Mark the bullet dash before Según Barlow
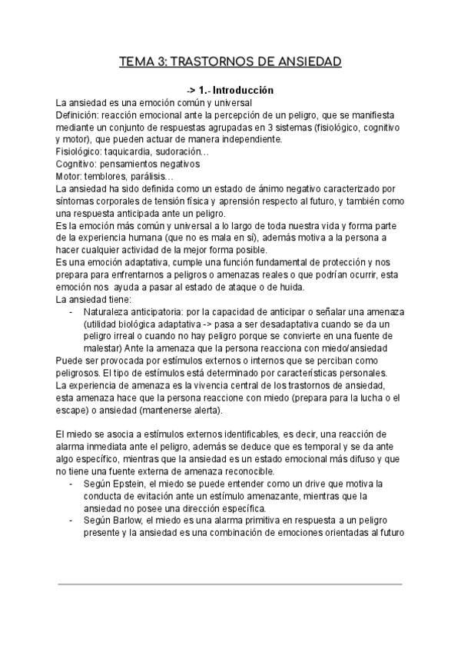point(71,521)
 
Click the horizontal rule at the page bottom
point(230,584)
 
